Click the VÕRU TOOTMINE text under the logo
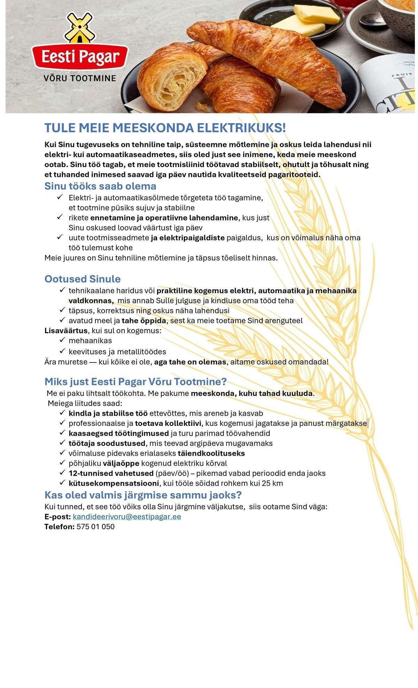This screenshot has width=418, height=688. (80, 78)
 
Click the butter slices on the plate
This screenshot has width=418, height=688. (307, 21)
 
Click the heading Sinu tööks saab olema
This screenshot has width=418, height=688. (100, 186)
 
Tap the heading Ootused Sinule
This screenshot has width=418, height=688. (83, 279)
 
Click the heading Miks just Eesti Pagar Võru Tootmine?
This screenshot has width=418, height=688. (136, 382)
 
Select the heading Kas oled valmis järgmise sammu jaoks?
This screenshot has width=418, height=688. (143, 495)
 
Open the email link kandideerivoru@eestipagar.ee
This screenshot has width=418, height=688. (127, 517)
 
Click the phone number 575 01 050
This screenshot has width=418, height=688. (95, 527)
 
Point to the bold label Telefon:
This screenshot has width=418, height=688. (59, 527)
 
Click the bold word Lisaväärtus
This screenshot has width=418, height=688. (66, 330)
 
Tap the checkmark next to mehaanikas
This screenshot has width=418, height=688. (62, 340)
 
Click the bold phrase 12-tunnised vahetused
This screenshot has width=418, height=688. (111, 474)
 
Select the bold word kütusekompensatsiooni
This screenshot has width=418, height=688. (114, 483)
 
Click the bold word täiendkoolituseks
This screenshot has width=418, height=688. (211, 453)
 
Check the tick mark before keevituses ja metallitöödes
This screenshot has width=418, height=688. (62, 351)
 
